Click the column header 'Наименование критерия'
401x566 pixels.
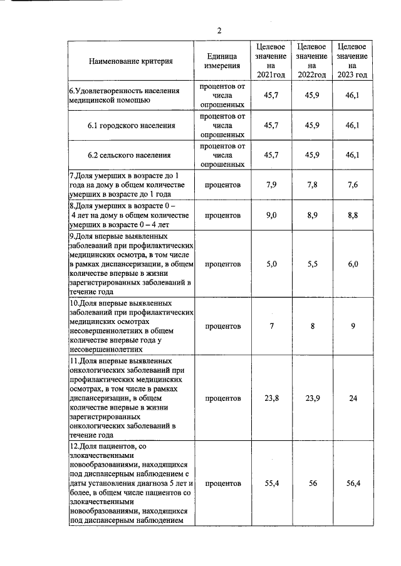[131, 61]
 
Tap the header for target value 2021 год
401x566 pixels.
[271, 61]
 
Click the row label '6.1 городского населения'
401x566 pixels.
[131, 126]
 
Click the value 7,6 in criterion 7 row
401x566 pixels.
[353, 184]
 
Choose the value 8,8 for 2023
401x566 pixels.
[353, 215]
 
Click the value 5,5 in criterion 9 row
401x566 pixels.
[312, 264]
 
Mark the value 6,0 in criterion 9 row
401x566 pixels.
[353, 264]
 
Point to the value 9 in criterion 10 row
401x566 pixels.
[353, 326]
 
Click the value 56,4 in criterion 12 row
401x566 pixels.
[353, 483]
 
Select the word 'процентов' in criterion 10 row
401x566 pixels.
[222, 326]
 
